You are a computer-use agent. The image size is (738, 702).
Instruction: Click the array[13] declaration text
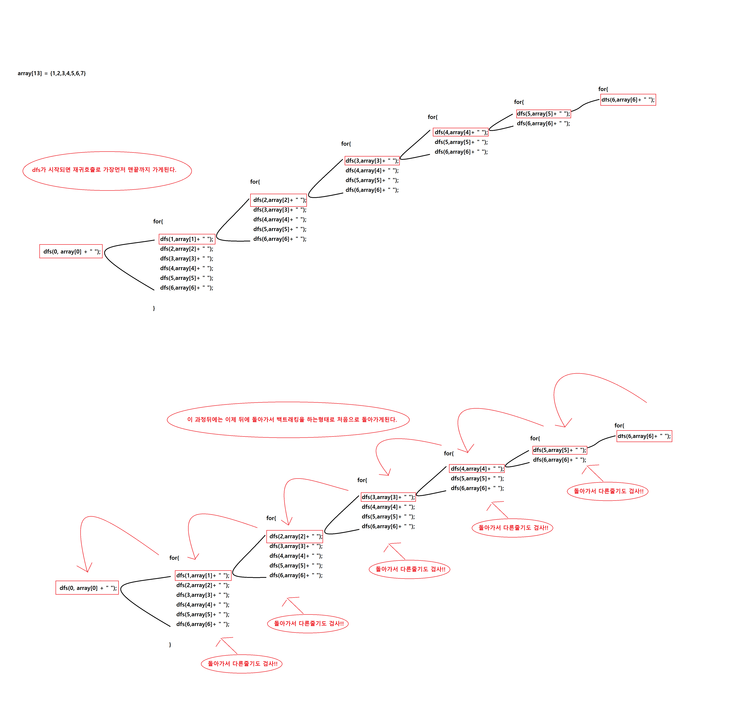pyautogui.click(x=52, y=73)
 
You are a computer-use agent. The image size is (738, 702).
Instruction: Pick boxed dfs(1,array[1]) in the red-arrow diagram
pyautogui.click(x=203, y=575)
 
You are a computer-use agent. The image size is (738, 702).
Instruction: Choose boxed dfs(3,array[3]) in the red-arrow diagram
pyautogui.click(x=388, y=497)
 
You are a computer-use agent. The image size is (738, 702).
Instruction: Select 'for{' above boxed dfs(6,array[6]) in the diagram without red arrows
pyautogui.click(x=603, y=89)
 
